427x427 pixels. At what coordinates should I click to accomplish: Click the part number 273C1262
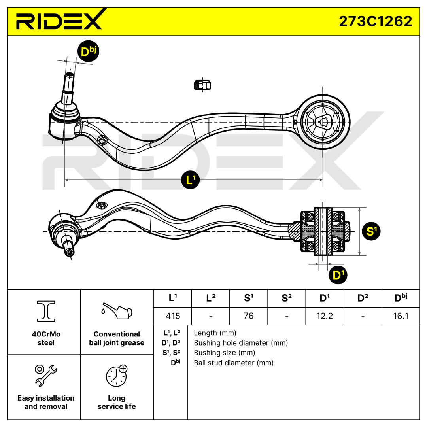coord(375,21)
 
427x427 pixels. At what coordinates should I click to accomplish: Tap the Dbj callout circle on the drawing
coord(87,51)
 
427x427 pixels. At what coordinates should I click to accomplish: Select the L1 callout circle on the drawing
coord(191,180)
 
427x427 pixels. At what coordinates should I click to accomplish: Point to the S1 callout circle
coord(370,232)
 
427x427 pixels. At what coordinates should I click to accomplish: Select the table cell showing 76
coord(248,316)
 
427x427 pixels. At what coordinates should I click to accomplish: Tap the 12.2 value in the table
coord(325,316)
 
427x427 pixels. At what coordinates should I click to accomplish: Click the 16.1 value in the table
coord(401,316)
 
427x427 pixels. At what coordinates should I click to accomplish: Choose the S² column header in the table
coord(287,298)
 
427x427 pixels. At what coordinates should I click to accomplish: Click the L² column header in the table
coord(210,298)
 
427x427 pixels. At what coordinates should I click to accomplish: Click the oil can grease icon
coord(117,312)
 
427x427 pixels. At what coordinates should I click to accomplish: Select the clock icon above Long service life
coord(117,375)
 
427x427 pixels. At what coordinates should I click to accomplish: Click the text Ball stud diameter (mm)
coord(233,363)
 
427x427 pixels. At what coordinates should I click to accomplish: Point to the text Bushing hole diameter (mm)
coord(240,343)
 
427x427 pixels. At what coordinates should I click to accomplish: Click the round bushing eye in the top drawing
coord(323,122)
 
